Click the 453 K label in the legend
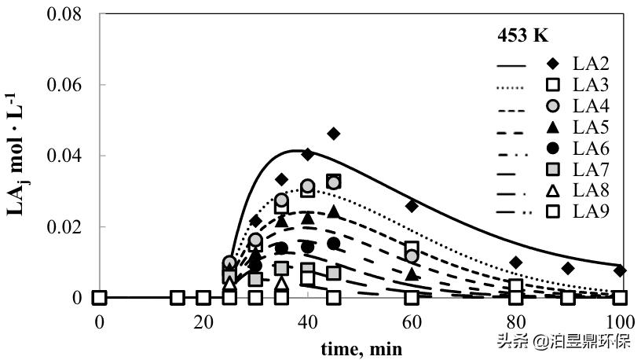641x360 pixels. tap(522, 35)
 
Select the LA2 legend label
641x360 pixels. tap(590, 63)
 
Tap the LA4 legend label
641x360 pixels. tap(590, 105)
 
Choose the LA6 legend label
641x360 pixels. tap(590, 148)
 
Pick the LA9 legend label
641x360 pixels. tap(590, 211)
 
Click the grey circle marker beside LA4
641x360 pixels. tap(553, 105)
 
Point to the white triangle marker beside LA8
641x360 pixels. tap(553, 189)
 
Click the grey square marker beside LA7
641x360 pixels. tap(553, 168)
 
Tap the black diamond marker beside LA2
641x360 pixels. tap(553, 63)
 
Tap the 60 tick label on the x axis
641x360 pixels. tap(412, 321)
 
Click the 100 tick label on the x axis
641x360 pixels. tap(620, 321)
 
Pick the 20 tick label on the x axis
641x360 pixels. tap(203, 321)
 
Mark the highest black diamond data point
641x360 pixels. tap(334, 134)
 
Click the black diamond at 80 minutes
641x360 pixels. tap(515, 263)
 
